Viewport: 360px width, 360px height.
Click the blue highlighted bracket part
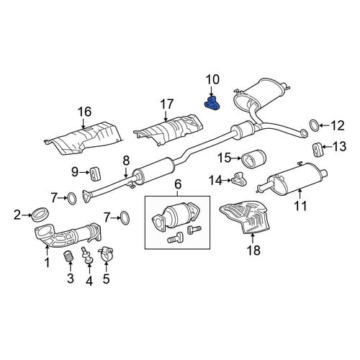213,104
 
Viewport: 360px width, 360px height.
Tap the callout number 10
212,80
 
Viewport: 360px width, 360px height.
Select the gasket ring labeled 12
315,125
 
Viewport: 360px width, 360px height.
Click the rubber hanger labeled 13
317,150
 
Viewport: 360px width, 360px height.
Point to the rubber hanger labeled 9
96,174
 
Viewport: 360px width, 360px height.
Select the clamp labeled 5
105,255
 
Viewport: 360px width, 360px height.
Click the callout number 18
253,251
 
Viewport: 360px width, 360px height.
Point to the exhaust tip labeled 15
253,159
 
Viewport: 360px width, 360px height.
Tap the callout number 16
84,112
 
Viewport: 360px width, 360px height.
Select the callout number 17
167,104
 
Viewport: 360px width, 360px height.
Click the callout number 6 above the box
178,184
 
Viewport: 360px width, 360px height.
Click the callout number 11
300,206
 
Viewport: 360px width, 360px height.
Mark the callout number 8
126,161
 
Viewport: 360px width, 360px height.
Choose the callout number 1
48,262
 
